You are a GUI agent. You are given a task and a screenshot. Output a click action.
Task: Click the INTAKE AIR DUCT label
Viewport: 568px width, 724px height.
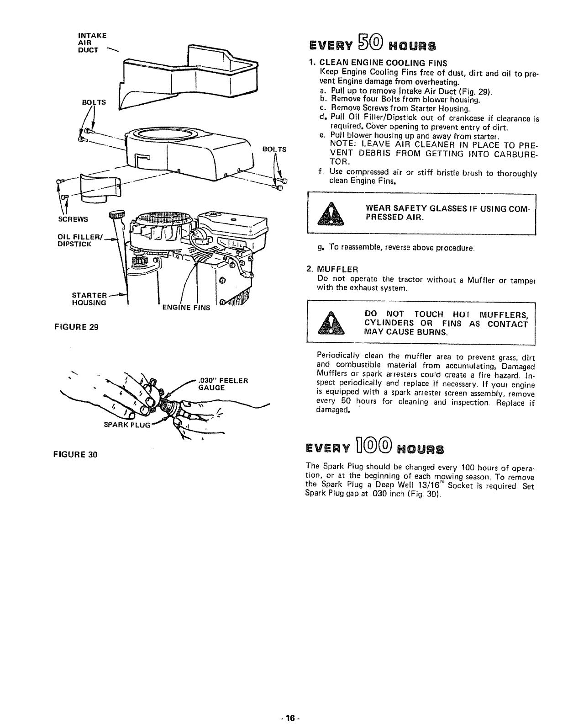pos(92,42)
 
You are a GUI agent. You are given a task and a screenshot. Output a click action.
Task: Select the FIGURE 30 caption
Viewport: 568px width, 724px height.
pos(83,455)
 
